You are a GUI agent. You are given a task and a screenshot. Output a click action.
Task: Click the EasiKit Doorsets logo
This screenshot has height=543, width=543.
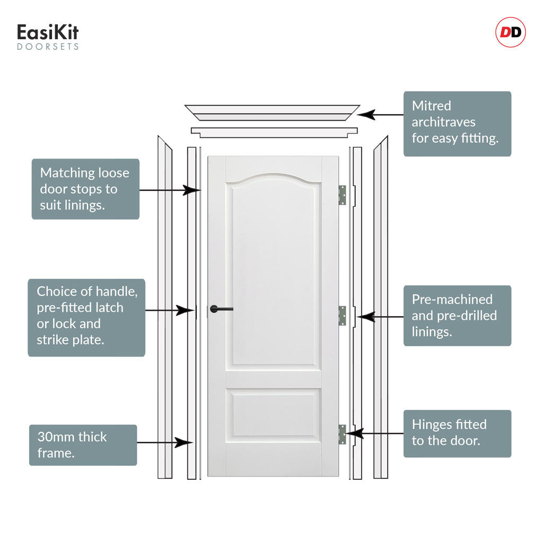[48, 37]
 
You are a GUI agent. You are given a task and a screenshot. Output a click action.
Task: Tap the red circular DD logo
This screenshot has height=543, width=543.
[511, 32]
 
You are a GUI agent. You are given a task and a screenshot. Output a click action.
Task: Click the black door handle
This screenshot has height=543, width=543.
[222, 309]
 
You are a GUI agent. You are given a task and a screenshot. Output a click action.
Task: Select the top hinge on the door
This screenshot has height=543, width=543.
[342, 195]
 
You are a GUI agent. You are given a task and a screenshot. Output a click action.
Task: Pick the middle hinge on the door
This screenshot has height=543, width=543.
[342, 316]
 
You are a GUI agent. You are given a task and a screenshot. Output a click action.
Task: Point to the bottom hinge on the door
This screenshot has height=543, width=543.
[342, 434]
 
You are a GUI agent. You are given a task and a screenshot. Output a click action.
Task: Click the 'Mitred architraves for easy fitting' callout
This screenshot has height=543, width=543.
[457, 124]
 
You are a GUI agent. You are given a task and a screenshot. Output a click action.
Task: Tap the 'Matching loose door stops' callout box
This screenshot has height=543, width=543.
[85, 189]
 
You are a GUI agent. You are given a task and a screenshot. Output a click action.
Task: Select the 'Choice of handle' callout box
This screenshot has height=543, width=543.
[86, 318]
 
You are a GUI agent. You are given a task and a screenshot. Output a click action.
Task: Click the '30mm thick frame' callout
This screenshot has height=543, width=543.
[83, 445]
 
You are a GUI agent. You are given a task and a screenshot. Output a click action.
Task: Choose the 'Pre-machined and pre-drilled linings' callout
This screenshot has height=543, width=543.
[457, 316]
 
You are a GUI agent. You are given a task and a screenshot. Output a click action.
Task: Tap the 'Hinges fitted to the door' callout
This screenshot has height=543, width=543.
[457, 434]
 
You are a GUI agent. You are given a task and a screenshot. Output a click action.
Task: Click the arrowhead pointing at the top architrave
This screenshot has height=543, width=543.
[366, 115]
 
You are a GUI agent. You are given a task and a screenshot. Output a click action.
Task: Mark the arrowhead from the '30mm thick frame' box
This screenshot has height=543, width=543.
[183, 443]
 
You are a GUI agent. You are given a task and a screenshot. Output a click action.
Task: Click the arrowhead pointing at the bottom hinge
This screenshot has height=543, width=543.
[354, 433]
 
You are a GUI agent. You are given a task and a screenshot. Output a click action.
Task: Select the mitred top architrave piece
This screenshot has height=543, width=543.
[272, 112]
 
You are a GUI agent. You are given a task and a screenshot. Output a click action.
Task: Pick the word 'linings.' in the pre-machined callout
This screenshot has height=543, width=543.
[432, 332]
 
